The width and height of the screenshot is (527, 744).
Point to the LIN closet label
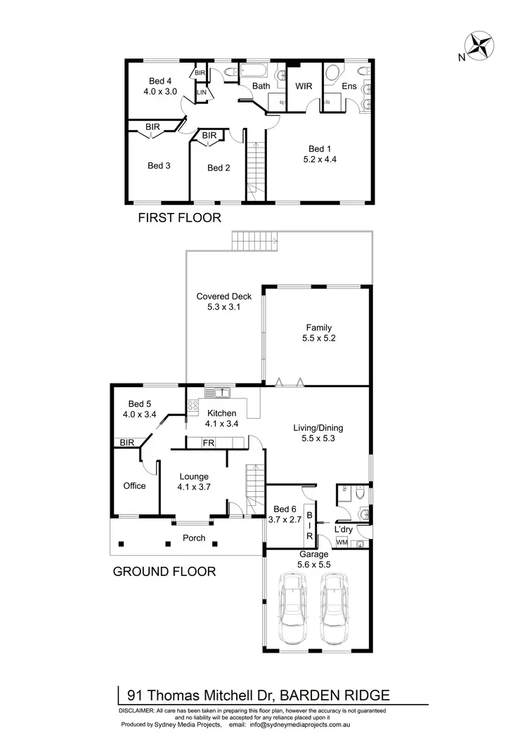pyautogui.click(x=202, y=93)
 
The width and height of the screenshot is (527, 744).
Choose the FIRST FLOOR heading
pyautogui.click(x=179, y=218)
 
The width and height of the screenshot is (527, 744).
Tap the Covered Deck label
pyautogui.click(x=223, y=296)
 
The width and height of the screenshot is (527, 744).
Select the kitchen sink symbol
pyautogui.click(x=218, y=392)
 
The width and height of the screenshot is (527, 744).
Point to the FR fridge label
pyautogui.click(x=208, y=443)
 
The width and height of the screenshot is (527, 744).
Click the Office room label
pyautogui.click(x=134, y=485)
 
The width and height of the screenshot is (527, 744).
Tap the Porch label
pyautogui.click(x=194, y=538)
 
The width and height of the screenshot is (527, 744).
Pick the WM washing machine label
pyautogui.click(x=342, y=542)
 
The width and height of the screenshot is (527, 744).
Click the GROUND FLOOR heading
pyautogui.click(x=164, y=572)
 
